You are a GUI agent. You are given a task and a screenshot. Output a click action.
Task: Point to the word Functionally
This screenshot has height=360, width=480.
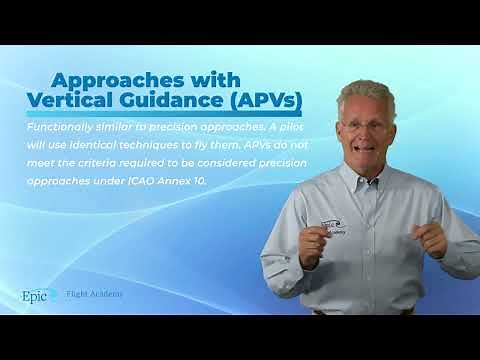coord(63,128)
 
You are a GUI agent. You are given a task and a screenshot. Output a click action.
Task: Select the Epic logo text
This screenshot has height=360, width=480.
coord(37,295)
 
